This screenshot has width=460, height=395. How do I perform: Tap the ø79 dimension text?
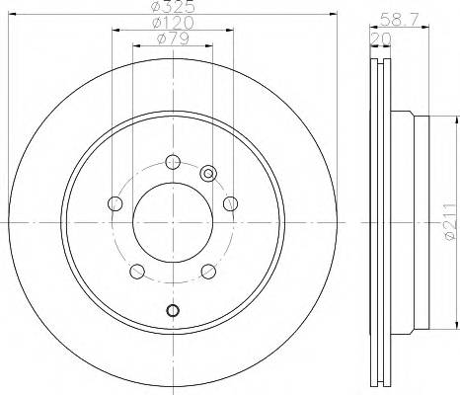(172, 40)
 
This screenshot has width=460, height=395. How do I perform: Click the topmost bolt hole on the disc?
(173, 163)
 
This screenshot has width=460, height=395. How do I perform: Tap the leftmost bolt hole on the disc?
(115, 204)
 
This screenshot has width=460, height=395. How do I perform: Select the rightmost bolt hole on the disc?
(230, 203)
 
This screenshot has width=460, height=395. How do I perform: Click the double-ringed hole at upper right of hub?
(208, 174)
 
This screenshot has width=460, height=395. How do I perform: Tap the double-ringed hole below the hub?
(173, 312)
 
